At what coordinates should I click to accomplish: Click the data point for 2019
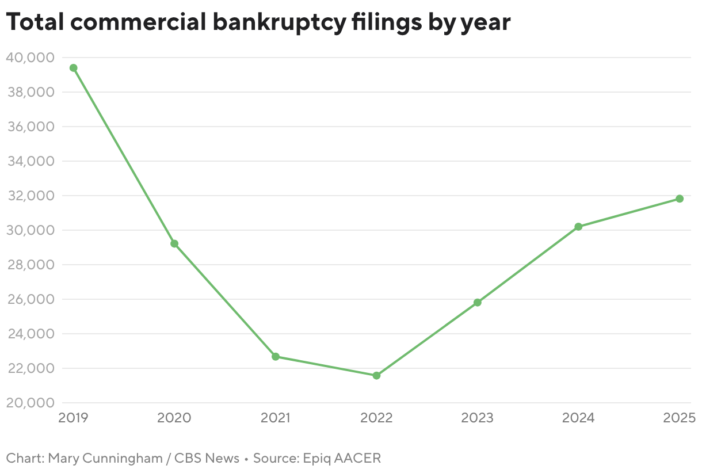point(74,68)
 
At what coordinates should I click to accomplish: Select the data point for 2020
point(174,243)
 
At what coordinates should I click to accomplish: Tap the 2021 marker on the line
point(276,357)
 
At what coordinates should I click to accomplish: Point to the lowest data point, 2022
point(377,376)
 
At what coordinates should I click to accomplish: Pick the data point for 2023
point(478,302)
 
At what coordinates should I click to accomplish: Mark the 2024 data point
point(578,227)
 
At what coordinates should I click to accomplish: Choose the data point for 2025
point(680,199)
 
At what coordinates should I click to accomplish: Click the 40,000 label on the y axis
point(30,58)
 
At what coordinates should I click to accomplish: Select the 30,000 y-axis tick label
point(30,230)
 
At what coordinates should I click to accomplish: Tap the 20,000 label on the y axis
point(30,403)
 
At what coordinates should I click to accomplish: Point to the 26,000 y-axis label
point(30,299)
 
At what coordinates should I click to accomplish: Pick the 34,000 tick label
point(30,161)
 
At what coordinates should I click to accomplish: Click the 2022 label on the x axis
point(377,418)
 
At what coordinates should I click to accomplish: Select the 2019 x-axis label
point(74,418)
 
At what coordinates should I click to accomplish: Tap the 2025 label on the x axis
point(680,418)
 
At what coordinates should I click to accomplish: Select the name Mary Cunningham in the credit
point(96,459)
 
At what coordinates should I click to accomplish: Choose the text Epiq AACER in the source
point(348,459)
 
